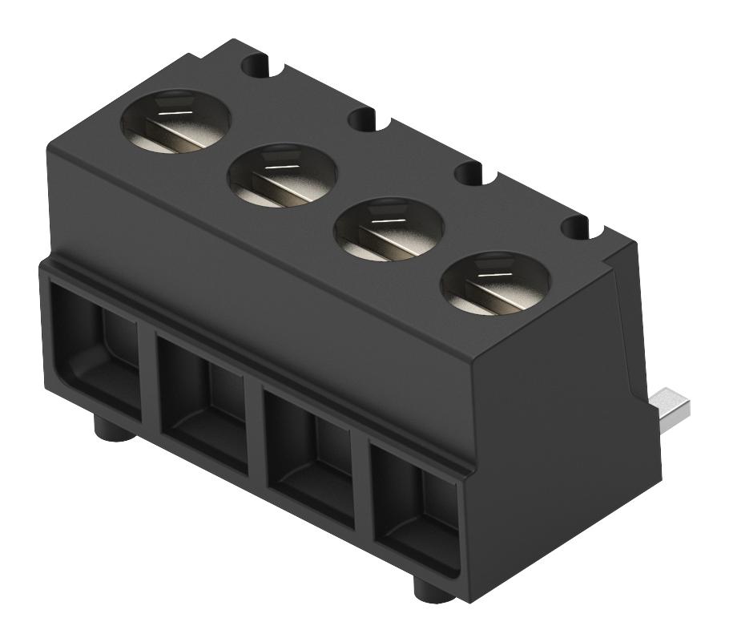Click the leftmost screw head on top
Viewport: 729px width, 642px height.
[x=175, y=123]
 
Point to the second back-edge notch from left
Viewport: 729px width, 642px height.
[x=364, y=119]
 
